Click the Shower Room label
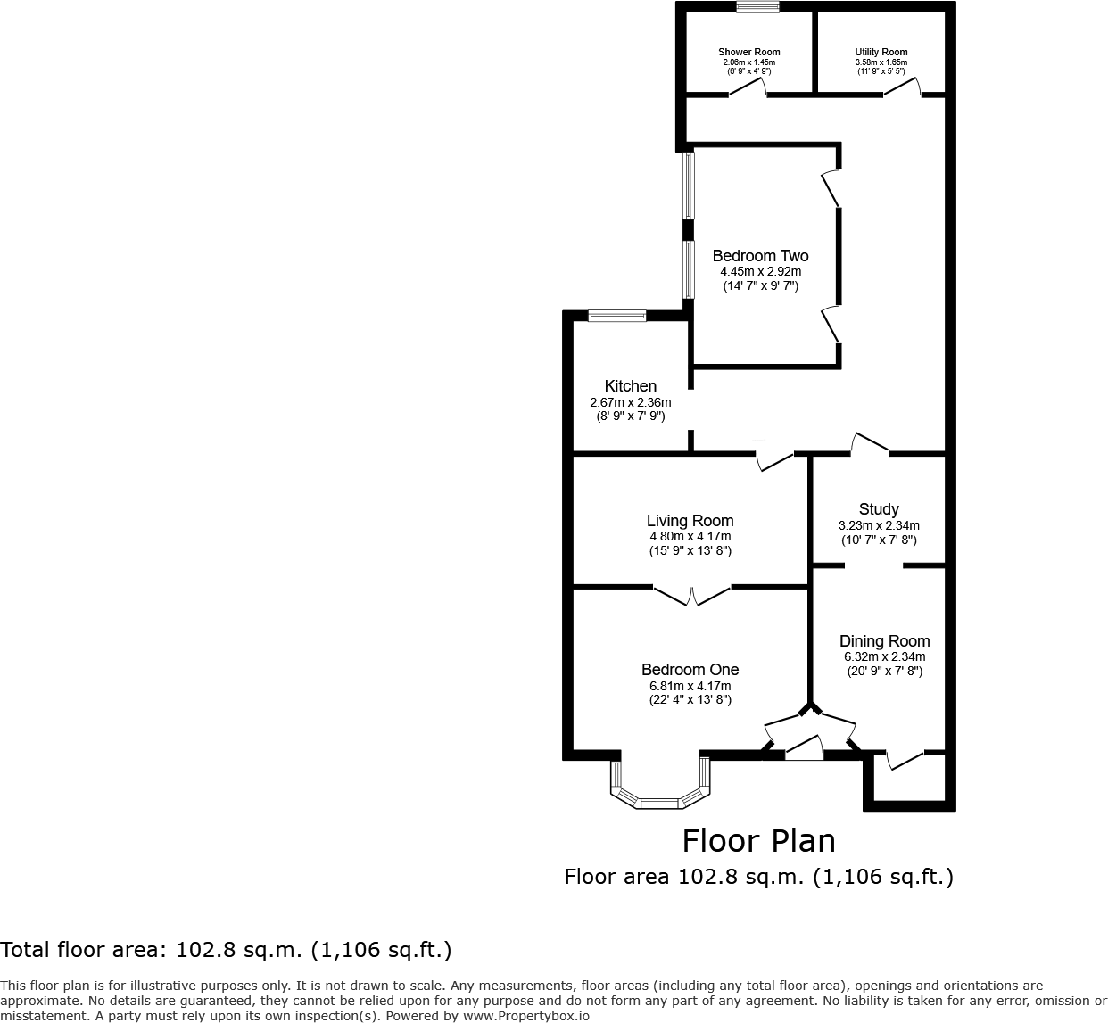point(748,52)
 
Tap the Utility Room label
point(881,52)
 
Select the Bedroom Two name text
point(760,256)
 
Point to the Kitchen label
point(630,386)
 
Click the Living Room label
point(690,521)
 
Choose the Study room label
point(879,509)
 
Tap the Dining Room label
point(884,641)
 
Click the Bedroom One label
point(690,670)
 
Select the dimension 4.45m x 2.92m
point(760,272)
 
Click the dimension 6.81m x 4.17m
point(690,686)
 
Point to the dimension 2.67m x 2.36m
point(630,402)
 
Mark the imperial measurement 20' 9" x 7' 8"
point(884,672)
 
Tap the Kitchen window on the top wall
point(616,315)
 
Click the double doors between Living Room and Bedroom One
point(692,596)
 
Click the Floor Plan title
point(758,841)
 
